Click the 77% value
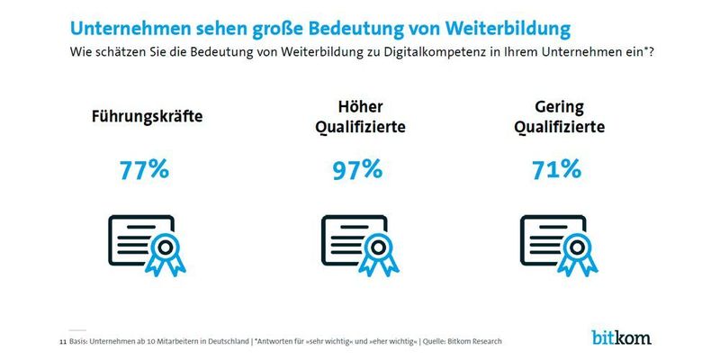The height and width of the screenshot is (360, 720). [x=144, y=169]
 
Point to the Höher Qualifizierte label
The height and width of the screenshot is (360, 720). [x=360, y=117]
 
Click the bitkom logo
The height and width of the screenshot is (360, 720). [x=621, y=337]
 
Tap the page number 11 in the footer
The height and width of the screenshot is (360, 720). [x=62, y=342]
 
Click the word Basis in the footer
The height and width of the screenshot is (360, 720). [x=79, y=342]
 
